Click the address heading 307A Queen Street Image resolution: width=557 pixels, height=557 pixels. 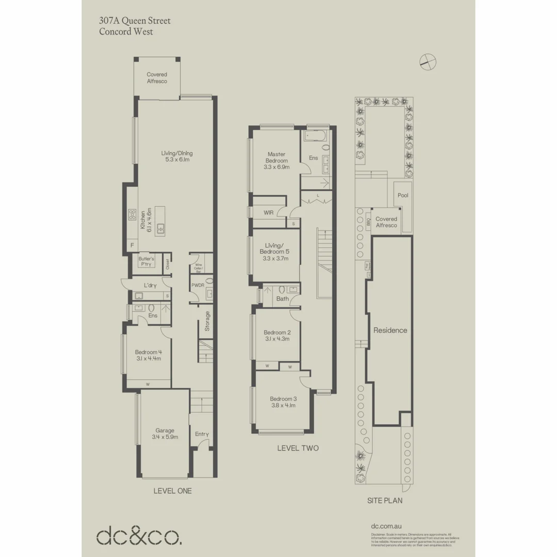click(135, 21)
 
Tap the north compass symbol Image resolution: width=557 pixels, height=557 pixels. click(428, 61)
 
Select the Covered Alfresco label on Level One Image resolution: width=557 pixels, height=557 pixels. click(157, 78)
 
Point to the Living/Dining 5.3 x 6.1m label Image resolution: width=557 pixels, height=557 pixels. click(177, 156)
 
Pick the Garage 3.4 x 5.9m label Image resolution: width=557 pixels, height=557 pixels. click(165, 434)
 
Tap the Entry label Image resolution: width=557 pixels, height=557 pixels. click(202, 434)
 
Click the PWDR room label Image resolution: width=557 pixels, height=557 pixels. click(198, 285)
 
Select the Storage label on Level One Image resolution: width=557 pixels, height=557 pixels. click(207, 321)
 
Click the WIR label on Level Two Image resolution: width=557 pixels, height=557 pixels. click(268, 212)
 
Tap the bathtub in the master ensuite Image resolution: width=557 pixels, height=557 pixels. click(315, 137)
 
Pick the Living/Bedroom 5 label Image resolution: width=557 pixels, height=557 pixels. click(274, 252)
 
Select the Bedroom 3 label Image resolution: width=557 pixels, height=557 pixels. click(283, 402)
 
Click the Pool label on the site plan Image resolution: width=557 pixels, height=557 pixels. click(403, 195)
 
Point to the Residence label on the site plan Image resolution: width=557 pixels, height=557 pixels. click(390, 331)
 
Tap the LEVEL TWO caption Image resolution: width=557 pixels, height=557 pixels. click(298, 448)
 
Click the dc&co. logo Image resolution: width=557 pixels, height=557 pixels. click(139, 536)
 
